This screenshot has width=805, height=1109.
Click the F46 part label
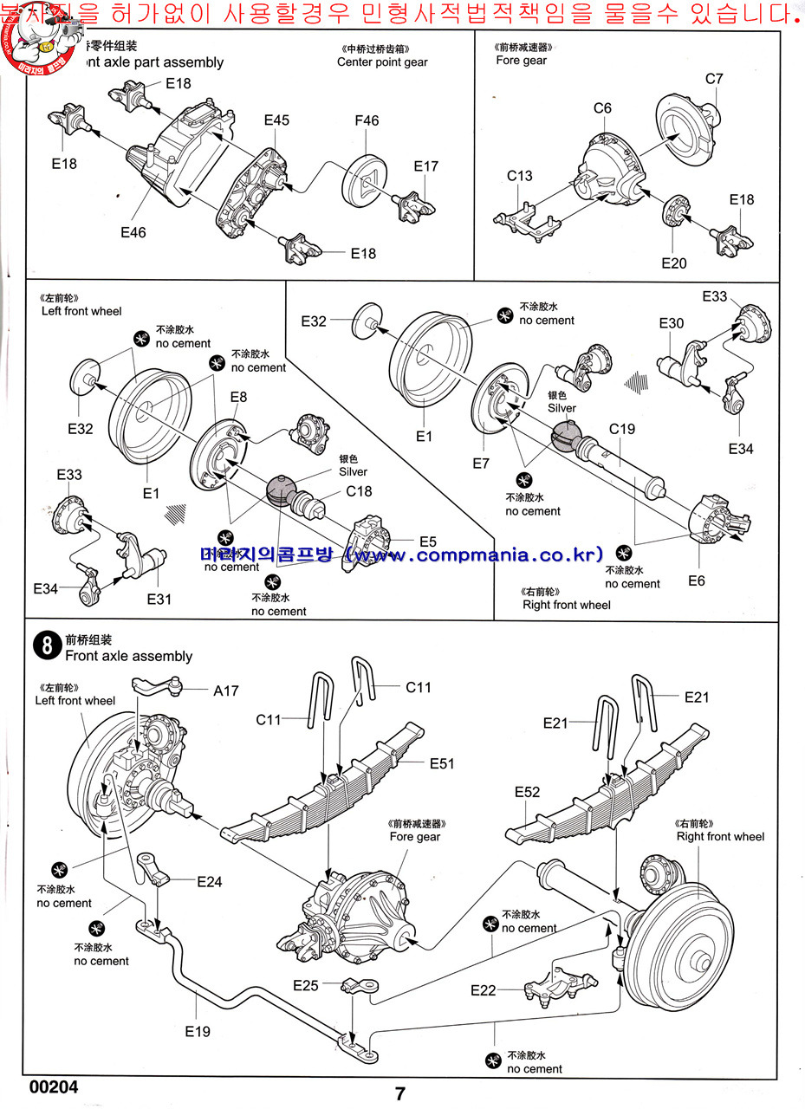(x=367, y=121)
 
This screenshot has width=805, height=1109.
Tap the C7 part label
(x=714, y=79)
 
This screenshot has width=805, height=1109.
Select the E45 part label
(x=276, y=120)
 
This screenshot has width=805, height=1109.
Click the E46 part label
(x=133, y=232)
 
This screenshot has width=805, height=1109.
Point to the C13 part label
(x=520, y=176)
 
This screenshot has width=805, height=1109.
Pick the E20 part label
(x=673, y=263)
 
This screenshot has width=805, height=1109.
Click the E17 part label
(x=426, y=166)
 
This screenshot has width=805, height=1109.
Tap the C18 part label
(x=359, y=491)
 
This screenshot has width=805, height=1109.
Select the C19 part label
(x=622, y=428)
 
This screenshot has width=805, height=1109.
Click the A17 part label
(x=225, y=691)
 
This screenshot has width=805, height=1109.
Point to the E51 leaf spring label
(x=442, y=763)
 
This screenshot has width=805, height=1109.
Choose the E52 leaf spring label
(x=527, y=792)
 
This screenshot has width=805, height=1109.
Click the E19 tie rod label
(x=198, y=1031)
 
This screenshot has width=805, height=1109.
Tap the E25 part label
(x=307, y=985)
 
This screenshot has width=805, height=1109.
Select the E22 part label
(x=484, y=990)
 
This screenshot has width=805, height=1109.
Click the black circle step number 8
(x=45, y=645)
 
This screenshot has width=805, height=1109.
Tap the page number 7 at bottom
(x=400, y=1093)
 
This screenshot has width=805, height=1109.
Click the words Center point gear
(x=382, y=62)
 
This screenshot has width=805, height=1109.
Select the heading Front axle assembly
(x=128, y=656)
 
